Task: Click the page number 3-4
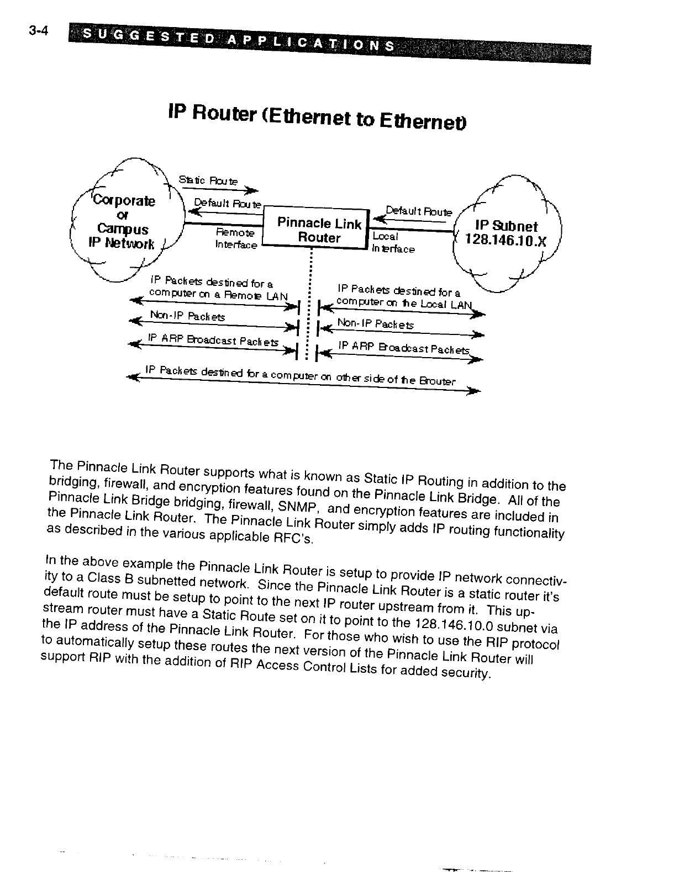tap(39, 31)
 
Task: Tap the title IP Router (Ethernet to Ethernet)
tap(317, 115)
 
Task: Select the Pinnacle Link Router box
tap(318, 231)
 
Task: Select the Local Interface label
tap(393, 243)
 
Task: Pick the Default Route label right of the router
tap(419, 211)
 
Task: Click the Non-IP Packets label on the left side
tap(187, 317)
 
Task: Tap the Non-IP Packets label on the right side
tap(375, 324)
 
